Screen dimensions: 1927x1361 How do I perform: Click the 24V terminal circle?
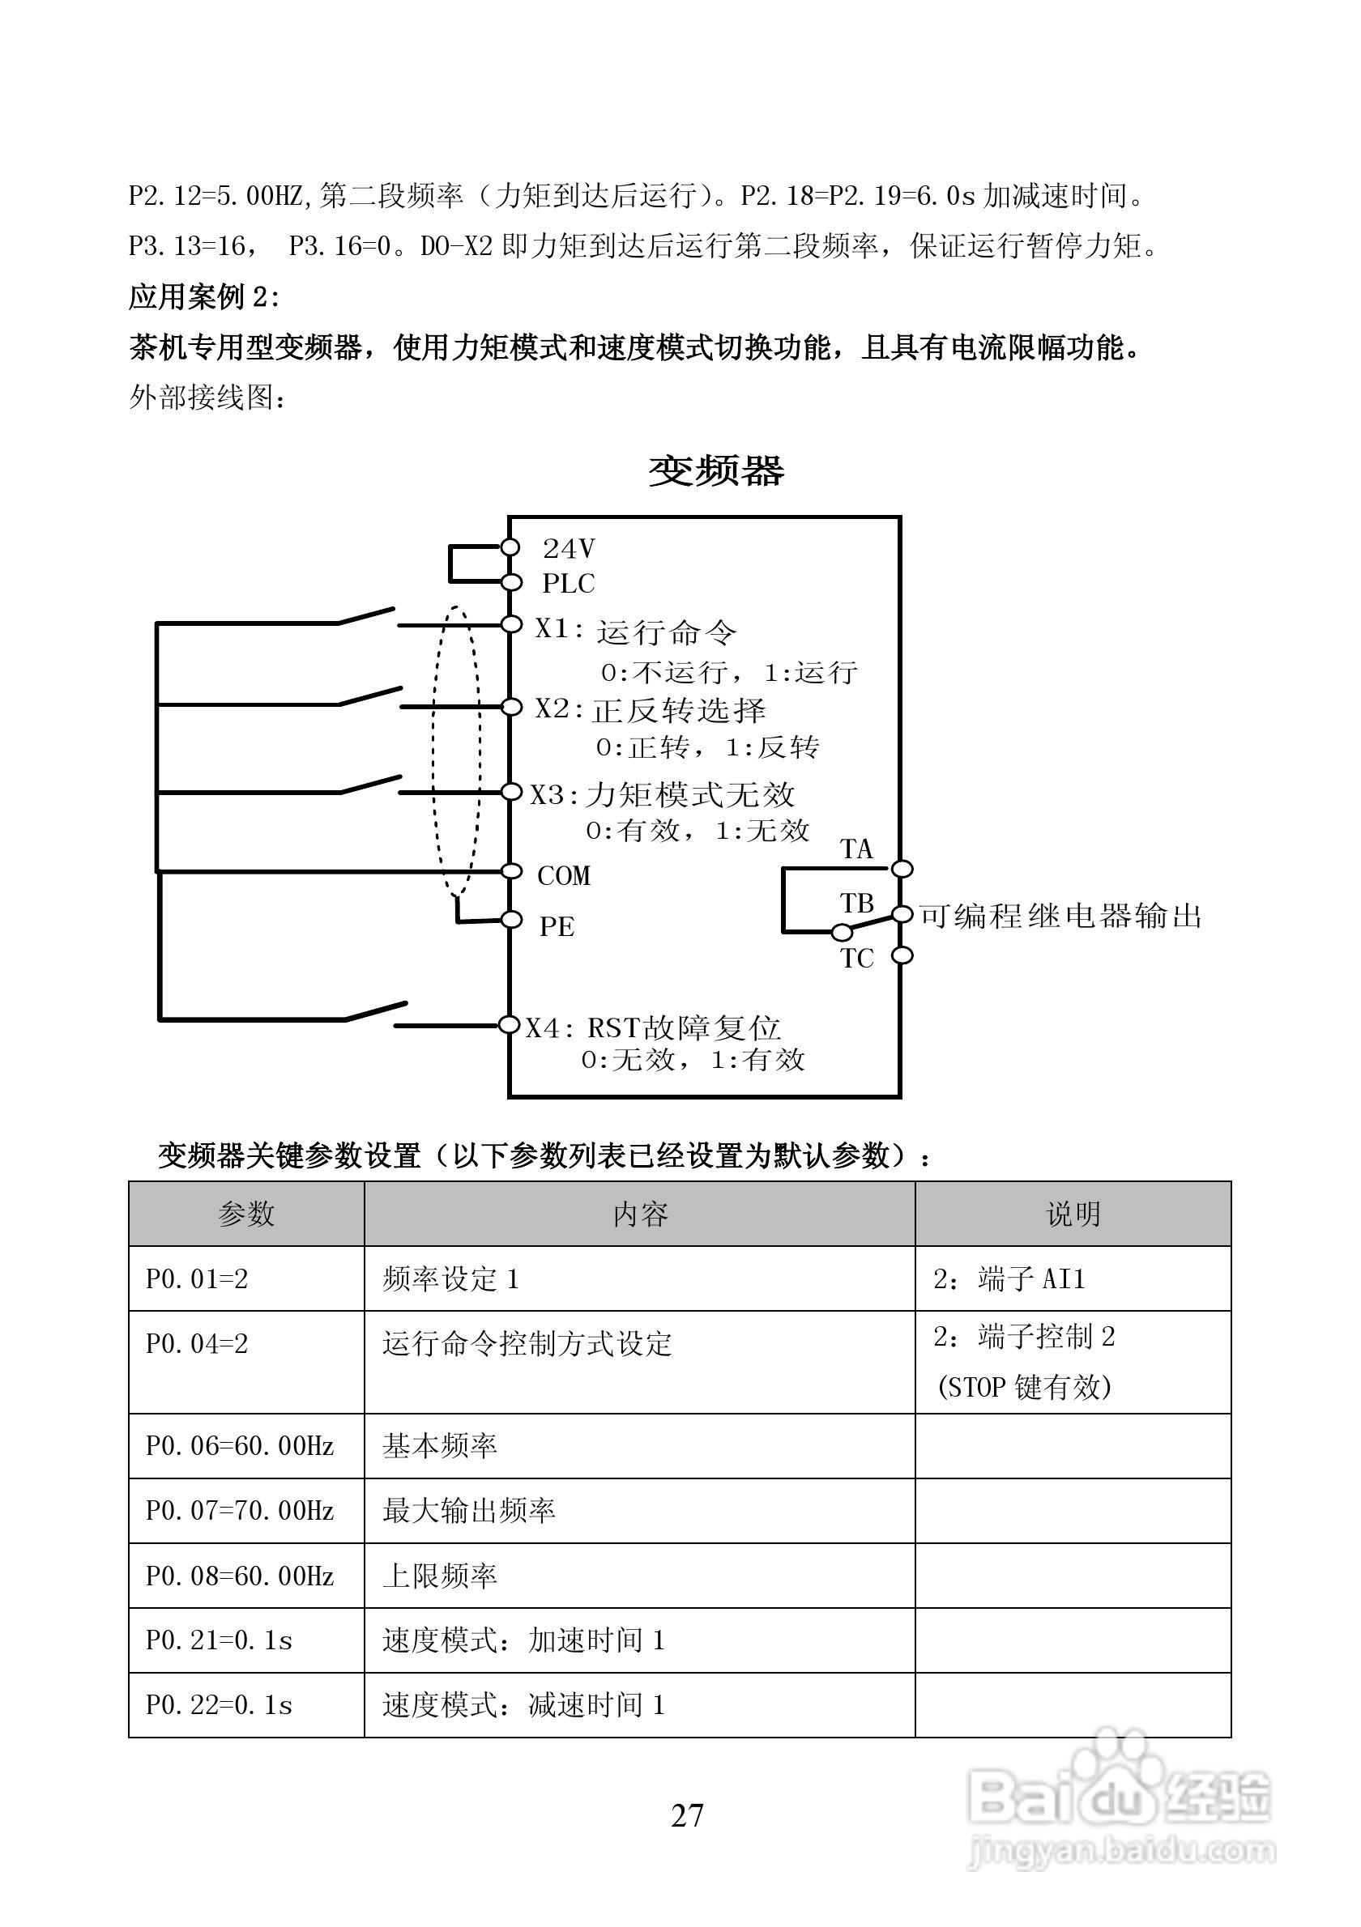[x=510, y=547]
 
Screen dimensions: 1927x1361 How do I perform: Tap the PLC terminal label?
[x=569, y=583]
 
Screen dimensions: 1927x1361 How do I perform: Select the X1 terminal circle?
[x=510, y=624]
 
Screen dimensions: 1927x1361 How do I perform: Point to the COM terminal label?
[x=563, y=875]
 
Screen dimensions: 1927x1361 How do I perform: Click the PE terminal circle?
[x=511, y=920]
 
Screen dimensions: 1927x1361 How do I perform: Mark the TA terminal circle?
[x=902, y=868]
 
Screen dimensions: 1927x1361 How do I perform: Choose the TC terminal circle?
[x=902, y=955]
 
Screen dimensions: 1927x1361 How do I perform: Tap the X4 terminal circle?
[x=509, y=1025]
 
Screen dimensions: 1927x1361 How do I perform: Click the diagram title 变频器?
[x=716, y=471]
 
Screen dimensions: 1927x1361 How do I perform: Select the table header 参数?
[x=246, y=1214]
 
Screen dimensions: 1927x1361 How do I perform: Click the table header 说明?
[x=1072, y=1214]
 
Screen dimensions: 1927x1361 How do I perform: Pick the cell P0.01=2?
[x=198, y=1278]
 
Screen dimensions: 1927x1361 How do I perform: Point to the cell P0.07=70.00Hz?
[x=240, y=1511]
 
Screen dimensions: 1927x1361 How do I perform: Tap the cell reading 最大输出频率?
[x=468, y=1511]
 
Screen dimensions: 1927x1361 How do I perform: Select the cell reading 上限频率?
[x=440, y=1576]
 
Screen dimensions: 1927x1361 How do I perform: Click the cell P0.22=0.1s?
[x=219, y=1704]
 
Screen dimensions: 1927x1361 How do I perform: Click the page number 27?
[x=687, y=1814]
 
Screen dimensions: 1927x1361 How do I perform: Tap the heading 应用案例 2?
[x=204, y=296]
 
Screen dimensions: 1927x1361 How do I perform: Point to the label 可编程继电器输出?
[x=1060, y=916]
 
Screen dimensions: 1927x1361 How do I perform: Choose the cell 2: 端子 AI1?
[x=1009, y=1278]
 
